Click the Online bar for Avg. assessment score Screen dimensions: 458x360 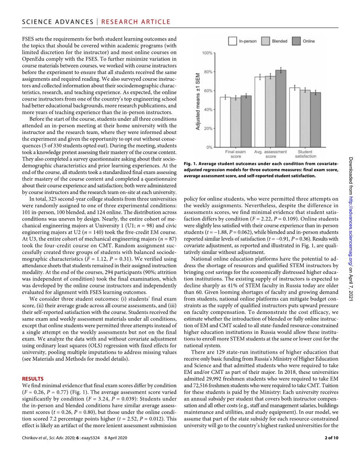pyautogui.click(x=281, y=109)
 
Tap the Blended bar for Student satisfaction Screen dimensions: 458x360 pyautogui.click(x=305, y=118)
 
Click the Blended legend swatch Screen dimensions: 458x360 pyautogui.click(x=266, y=41)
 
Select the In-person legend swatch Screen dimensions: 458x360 pyautogui.click(x=233, y=41)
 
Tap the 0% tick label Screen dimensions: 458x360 pyautogui.click(x=209, y=147)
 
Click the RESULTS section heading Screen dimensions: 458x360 pyautogui.click(x=33, y=379)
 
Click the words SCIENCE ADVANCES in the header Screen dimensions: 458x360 pyautogui.click(x=58, y=22)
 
